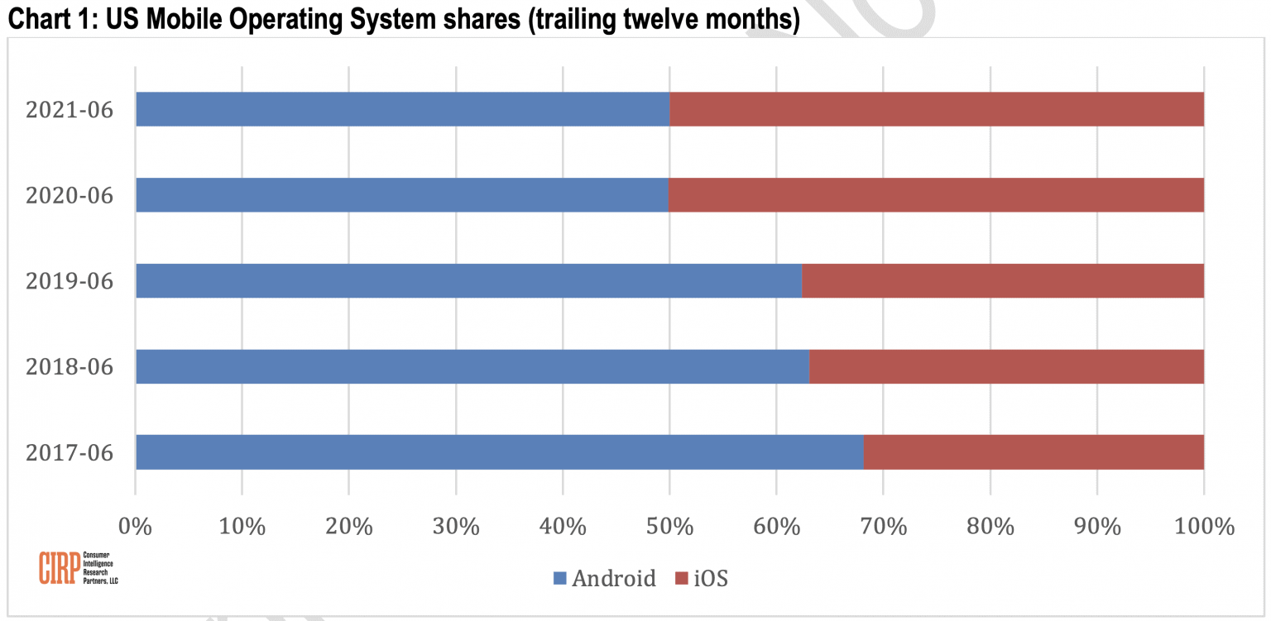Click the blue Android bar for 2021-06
pos(402,109)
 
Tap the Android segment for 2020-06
pos(401,195)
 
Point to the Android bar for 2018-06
pos(472,366)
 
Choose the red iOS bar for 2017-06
pos(1034,452)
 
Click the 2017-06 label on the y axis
pos(69,453)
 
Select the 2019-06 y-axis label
pos(69,282)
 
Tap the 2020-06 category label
pos(69,196)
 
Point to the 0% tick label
pos(136,526)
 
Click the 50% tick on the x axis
pos(669,526)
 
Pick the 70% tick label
pos(883,526)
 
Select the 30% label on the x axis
pos(455,526)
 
